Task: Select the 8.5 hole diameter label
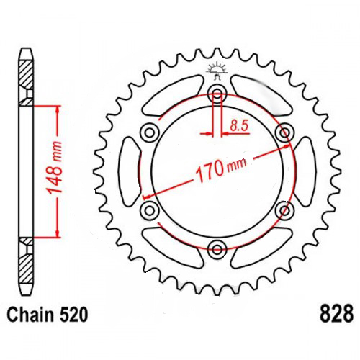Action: [x=239, y=125]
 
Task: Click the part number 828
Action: [x=336, y=314]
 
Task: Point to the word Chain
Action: [x=30, y=315]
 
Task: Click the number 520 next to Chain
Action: [x=73, y=315]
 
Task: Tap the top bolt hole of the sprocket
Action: [x=217, y=94]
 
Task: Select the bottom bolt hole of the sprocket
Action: [x=217, y=249]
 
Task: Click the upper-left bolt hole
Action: [x=150, y=132]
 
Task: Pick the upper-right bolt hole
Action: [x=285, y=132]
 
